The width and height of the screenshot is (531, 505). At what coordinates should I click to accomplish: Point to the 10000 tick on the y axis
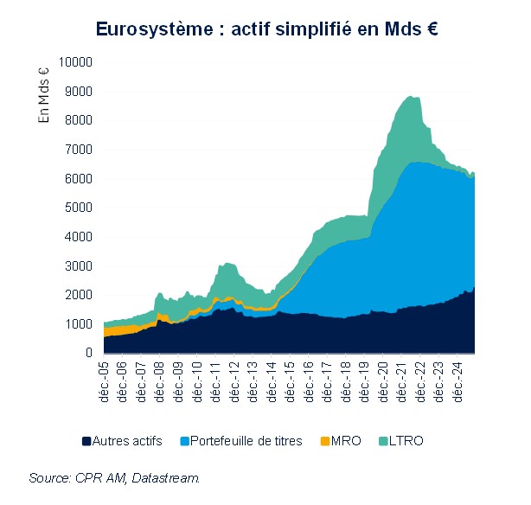(74, 62)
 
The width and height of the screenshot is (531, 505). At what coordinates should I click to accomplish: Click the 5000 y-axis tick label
(78, 208)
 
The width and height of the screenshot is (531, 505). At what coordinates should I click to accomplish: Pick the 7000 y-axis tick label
(78, 150)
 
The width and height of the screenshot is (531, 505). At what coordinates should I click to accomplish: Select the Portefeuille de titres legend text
(246, 441)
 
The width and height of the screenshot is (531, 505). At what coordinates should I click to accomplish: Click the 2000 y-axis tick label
(78, 295)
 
